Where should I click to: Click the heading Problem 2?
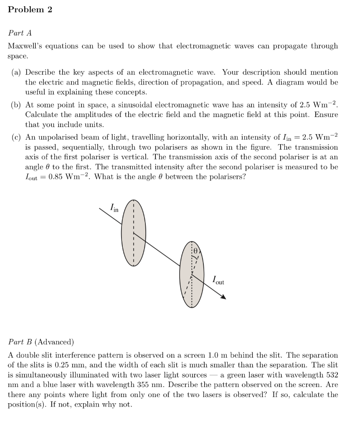click(x=30, y=10)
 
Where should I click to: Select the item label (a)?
click(x=16, y=72)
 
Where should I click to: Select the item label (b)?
click(x=16, y=105)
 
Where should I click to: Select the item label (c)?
click(x=16, y=138)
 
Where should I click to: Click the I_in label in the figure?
click(x=114, y=207)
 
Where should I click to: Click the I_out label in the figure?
click(x=218, y=280)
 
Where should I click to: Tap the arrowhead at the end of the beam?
click(x=224, y=297)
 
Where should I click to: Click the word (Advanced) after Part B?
click(x=54, y=342)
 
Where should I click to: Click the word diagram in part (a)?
click(x=300, y=82)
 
